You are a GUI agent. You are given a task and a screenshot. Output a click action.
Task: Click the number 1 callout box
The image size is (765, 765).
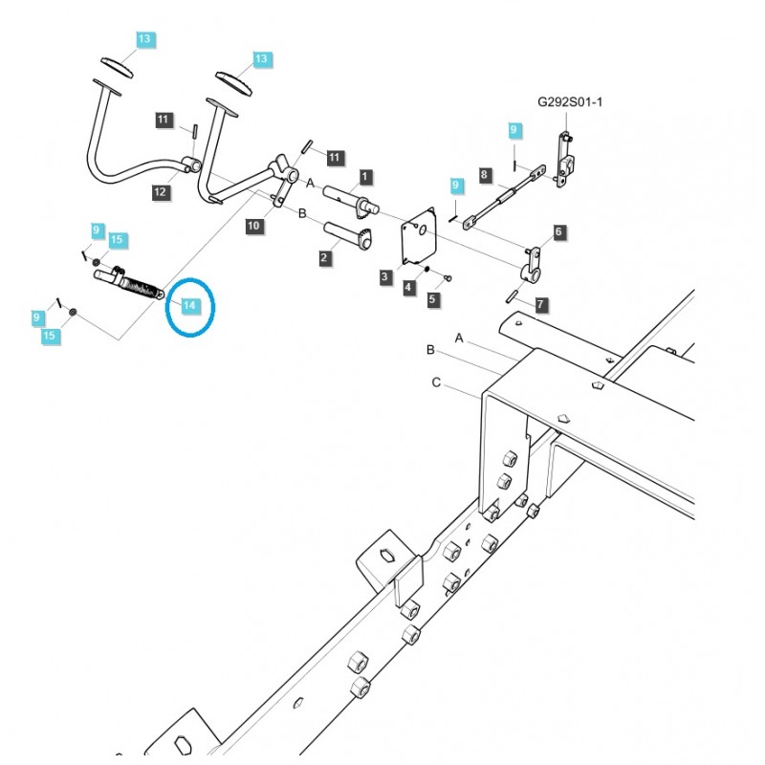pos(364,177)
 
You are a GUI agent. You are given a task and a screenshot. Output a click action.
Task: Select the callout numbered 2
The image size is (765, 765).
pos(324,257)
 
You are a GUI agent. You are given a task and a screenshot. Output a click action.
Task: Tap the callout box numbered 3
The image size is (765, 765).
pos(384,276)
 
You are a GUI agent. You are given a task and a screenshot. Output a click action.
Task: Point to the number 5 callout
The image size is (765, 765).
pos(432,299)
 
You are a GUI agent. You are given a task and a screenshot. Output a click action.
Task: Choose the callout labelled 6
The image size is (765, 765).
pos(558,231)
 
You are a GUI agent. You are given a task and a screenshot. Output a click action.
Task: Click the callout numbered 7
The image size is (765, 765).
pos(540,305)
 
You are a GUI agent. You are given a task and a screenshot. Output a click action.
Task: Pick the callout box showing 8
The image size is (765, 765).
pos(485,175)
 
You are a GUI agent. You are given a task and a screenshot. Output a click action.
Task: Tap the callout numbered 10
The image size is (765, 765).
pos(253,226)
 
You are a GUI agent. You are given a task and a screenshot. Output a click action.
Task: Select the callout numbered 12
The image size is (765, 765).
pos(160,192)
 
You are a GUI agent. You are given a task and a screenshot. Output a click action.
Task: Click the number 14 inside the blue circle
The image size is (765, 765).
pos(189,305)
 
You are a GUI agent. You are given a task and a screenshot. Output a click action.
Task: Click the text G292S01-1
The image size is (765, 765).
pos(570,101)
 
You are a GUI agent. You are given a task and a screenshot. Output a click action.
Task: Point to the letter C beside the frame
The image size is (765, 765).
pos(436,383)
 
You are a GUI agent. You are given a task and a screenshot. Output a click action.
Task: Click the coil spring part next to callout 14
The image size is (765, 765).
pos(142,284)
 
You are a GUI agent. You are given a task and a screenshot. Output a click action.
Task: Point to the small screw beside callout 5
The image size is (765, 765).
pos(448,277)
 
